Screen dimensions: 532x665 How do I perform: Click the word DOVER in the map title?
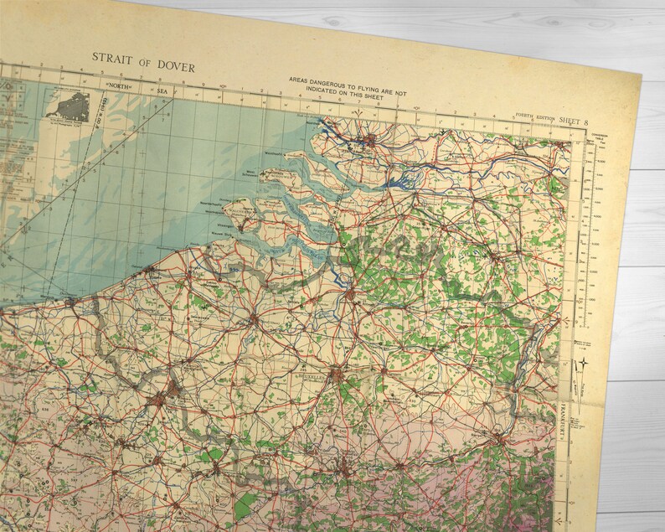[x=176, y=67]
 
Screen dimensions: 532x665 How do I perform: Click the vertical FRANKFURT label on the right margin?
[x=559, y=423]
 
